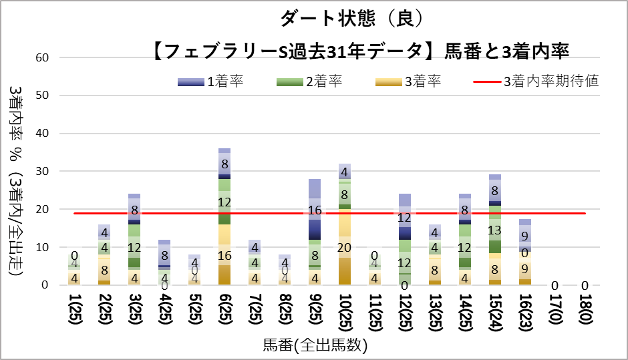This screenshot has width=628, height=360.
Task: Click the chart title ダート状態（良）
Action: pyautogui.click(x=350, y=19)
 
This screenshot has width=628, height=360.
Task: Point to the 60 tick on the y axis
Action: pyautogui.click(x=43, y=57)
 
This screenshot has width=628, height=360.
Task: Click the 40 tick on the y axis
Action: pyautogui.click(x=43, y=134)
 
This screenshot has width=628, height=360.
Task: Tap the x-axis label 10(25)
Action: pyautogui.click(x=344, y=315)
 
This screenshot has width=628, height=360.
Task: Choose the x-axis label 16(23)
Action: pyautogui.click(x=525, y=315)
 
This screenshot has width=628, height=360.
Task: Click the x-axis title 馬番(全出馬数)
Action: pyautogui.click(x=315, y=345)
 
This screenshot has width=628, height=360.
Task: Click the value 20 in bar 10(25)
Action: pyautogui.click(x=344, y=248)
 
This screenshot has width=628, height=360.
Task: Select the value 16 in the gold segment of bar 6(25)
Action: pyautogui.click(x=224, y=255)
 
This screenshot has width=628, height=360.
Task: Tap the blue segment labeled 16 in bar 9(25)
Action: pyautogui.click(x=314, y=210)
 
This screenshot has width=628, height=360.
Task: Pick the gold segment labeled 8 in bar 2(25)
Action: pyautogui.click(x=104, y=271)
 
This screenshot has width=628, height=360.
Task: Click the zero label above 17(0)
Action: pyautogui.click(x=555, y=286)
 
